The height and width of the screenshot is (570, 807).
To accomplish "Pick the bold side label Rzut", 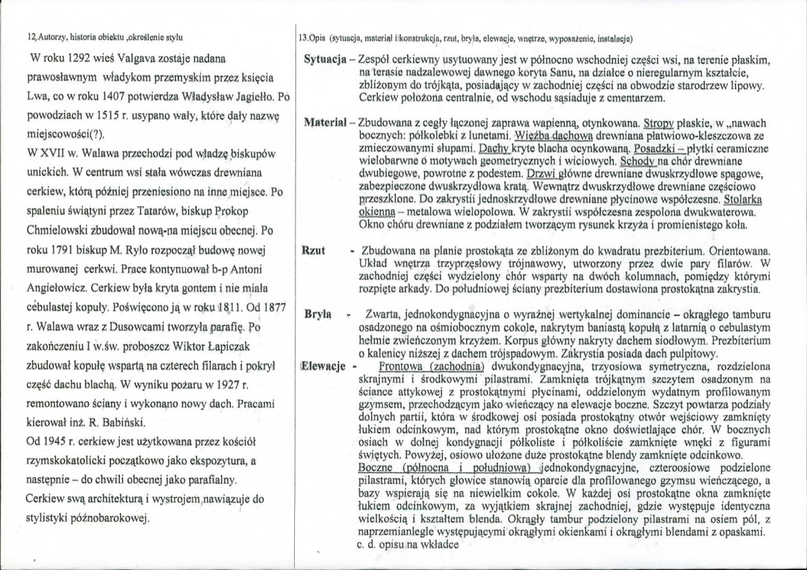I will [314, 251].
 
